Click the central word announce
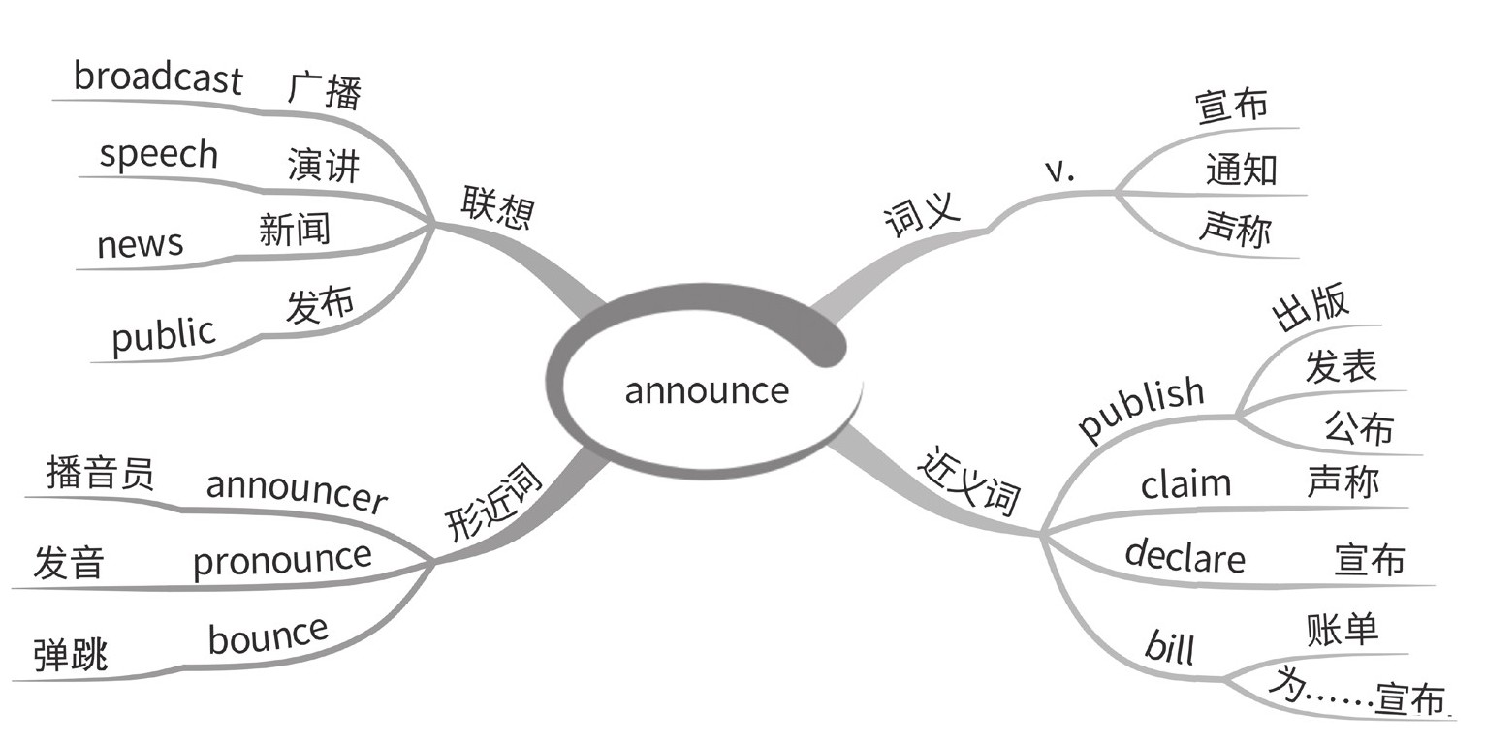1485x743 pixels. point(707,390)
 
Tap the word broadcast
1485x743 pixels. point(157,77)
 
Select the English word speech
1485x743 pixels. point(159,155)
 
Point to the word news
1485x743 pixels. point(140,244)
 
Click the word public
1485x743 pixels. point(163,335)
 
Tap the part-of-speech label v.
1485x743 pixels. point(1060,170)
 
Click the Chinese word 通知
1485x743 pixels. point(1241,170)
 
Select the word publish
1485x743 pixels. point(1142,408)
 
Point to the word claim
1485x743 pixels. point(1185,483)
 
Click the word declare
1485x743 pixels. point(1185,557)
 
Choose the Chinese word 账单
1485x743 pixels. point(1342,631)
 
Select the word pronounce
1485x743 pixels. point(282,559)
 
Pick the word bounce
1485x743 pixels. point(268,635)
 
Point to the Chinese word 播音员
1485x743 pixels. point(100,475)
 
